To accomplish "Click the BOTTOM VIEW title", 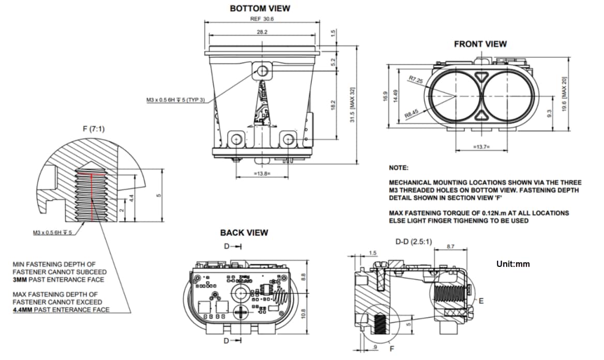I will pos(260,8).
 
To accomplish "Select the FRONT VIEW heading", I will pos(480,44).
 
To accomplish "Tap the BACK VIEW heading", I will pos(244,233).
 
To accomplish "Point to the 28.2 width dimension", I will pos(262,32).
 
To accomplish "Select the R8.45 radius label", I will pos(412,113).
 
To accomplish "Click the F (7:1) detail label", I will pos(93,128).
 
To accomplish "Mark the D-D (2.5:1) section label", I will pos(414,242).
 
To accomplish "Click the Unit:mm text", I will pos(513,264).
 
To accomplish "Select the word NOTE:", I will pos(398,168).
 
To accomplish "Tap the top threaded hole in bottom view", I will pos(263,70).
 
